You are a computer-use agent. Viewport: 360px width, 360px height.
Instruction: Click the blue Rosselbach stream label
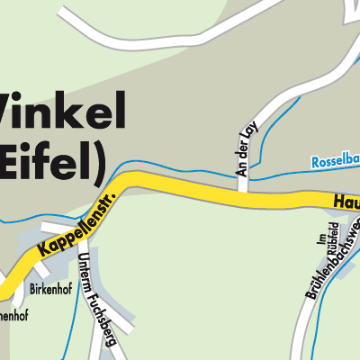(335, 162)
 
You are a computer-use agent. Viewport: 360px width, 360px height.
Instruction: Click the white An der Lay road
(242, 180)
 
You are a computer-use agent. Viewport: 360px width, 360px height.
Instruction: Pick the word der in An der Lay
(241, 148)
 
